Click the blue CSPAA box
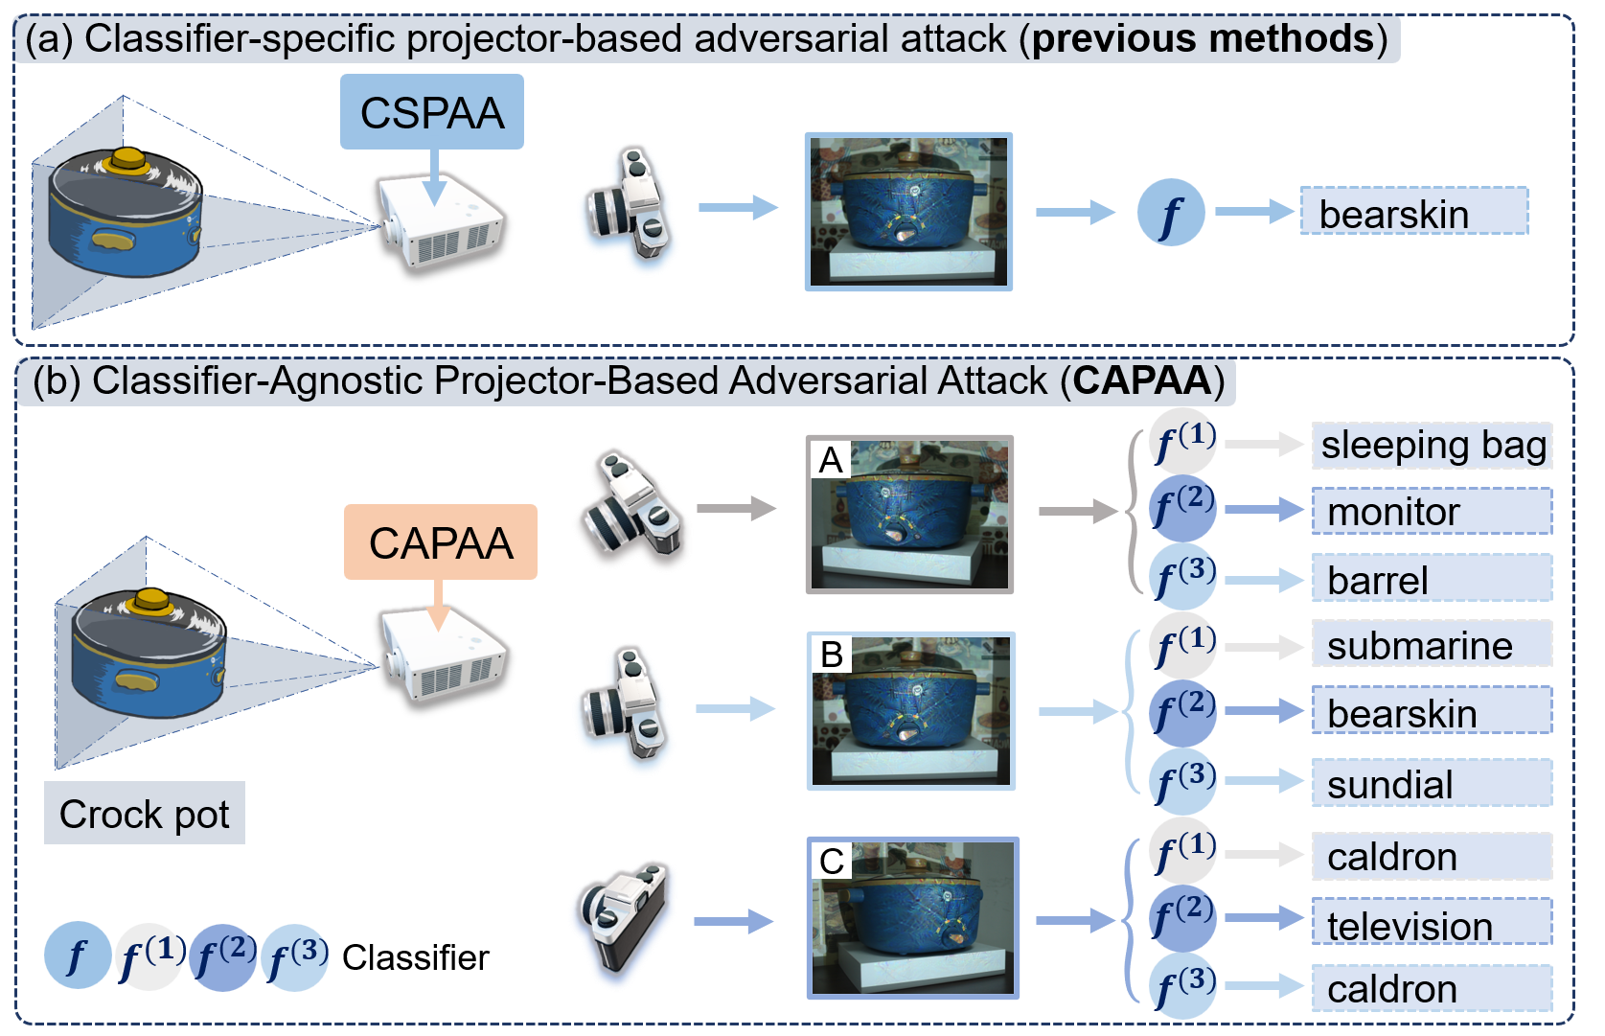pos(432,112)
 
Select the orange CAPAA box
pos(441,541)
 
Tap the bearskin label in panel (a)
pos(1414,212)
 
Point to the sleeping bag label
pos(1433,445)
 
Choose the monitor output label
pos(1433,512)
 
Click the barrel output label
pos(1433,579)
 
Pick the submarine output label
pos(1433,645)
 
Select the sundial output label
pos(1433,783)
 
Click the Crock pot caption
pos(144,814)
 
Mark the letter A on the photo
pos(831,460)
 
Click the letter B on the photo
pos(831,655)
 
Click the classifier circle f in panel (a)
pos(1171,212)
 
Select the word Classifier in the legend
pos(416,957)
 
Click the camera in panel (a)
pos(629,202)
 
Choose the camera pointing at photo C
pos(622,916)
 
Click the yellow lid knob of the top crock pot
pos(126,160)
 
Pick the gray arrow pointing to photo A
pos(737,509)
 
